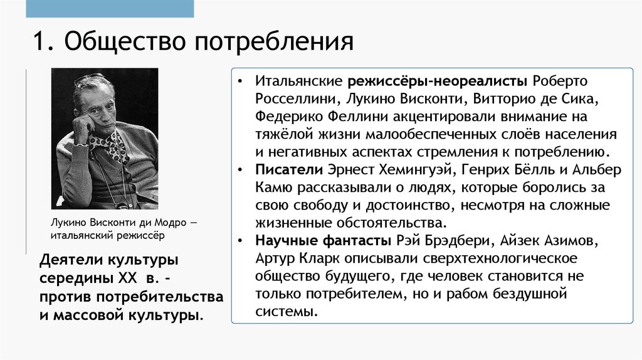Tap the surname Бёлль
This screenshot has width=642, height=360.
click(537, 170)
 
